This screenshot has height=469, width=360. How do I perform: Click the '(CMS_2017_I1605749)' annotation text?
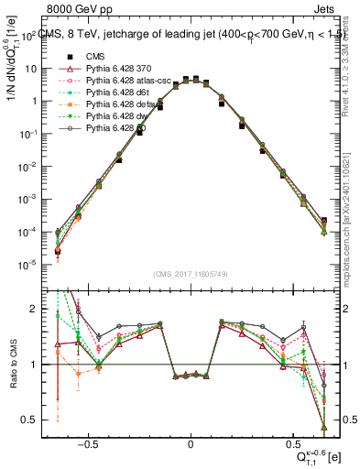coord(190,274)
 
